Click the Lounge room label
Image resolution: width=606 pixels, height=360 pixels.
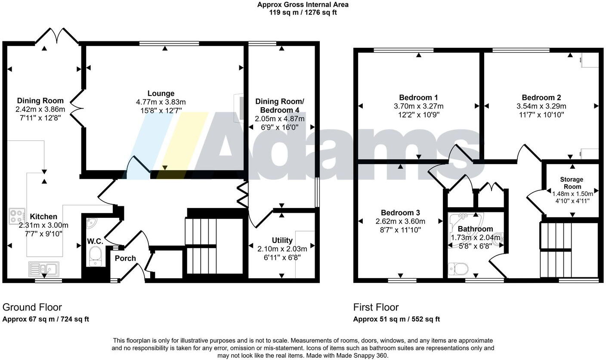tap(161, 93)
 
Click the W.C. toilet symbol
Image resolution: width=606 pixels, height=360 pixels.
tap(94, 258)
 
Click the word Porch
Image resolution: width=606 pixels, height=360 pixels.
tap(125, 258)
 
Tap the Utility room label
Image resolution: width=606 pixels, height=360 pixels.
tap(282, 240)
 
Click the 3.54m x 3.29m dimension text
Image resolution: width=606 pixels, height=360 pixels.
tap(541, 106)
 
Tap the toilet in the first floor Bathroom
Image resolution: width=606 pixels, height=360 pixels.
tap(459, 269)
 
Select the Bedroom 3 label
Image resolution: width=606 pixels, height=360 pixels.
tap(400, 213)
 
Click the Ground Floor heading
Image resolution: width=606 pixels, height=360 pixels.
tap(32, 307)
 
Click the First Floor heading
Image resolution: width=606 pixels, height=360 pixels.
tap(376, 307)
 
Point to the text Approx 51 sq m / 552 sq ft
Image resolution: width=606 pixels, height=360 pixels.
tap(396, 319)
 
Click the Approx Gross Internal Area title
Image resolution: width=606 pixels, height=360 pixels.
tap(303, 5)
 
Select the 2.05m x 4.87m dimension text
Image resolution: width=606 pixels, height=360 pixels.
tap(279, 119)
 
